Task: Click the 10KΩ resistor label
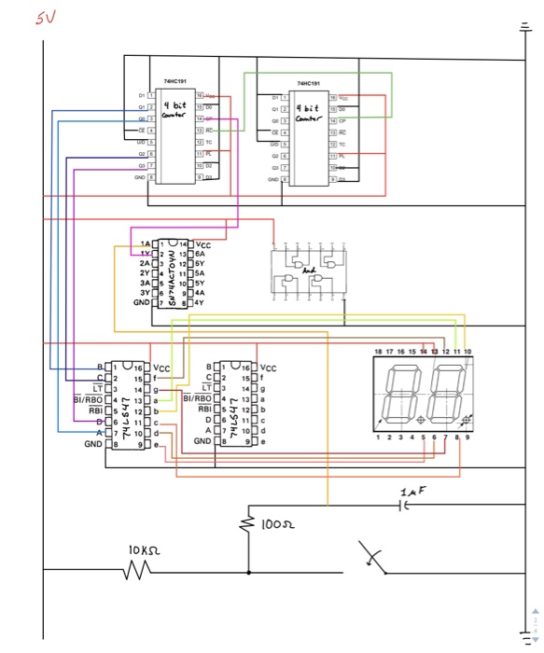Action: click(x=147, y=551)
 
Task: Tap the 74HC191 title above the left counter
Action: click(x=175, y=82)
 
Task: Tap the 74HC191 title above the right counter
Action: click(x=309, y=84)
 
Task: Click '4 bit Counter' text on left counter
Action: click(x=175, y=110)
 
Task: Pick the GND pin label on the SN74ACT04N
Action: click(x=141, y=303)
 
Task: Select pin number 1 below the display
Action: click(x=376, y=436)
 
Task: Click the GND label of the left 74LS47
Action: click(x=93, y=445)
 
